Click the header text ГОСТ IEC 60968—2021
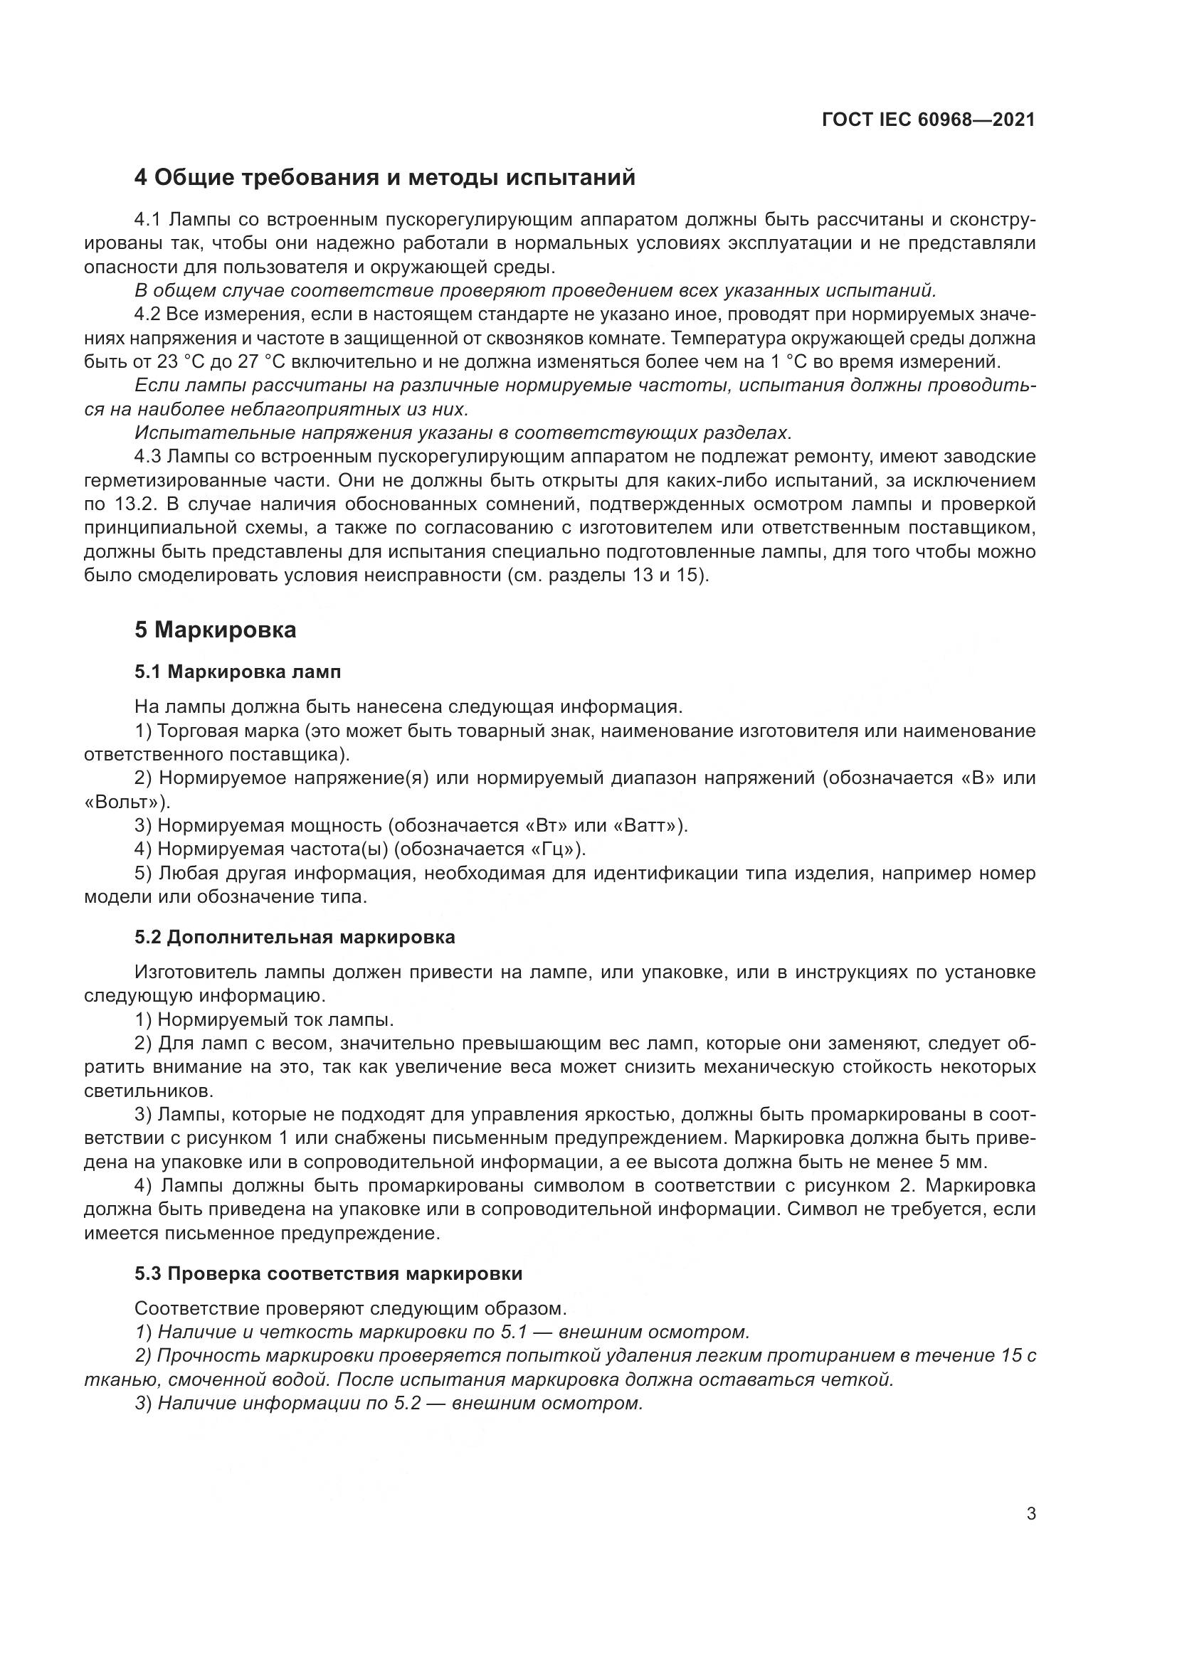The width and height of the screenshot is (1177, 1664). [x=929, y=120]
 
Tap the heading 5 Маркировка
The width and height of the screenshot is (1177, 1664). [x=214, y=630]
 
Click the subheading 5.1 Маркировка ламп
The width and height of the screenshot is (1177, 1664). [x=237, y=672]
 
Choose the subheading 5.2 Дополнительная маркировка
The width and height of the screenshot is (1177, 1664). [x=295, y=937]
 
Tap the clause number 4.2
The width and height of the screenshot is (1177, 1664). [x=149, y=314]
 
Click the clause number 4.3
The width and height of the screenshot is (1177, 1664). [x=149, y=457]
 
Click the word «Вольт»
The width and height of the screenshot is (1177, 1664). [x=125, y=802]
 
